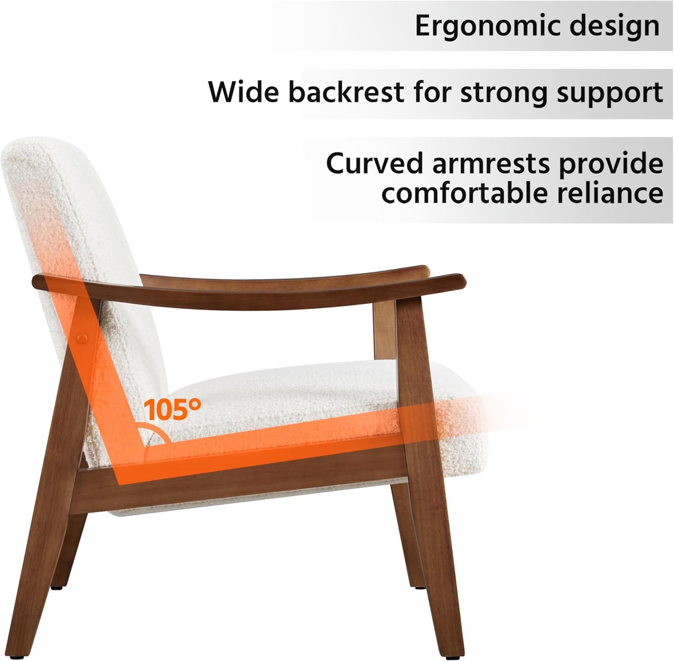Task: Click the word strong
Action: point(492,92)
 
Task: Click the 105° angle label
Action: point(172,409)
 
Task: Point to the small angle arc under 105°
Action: point(155,432)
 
